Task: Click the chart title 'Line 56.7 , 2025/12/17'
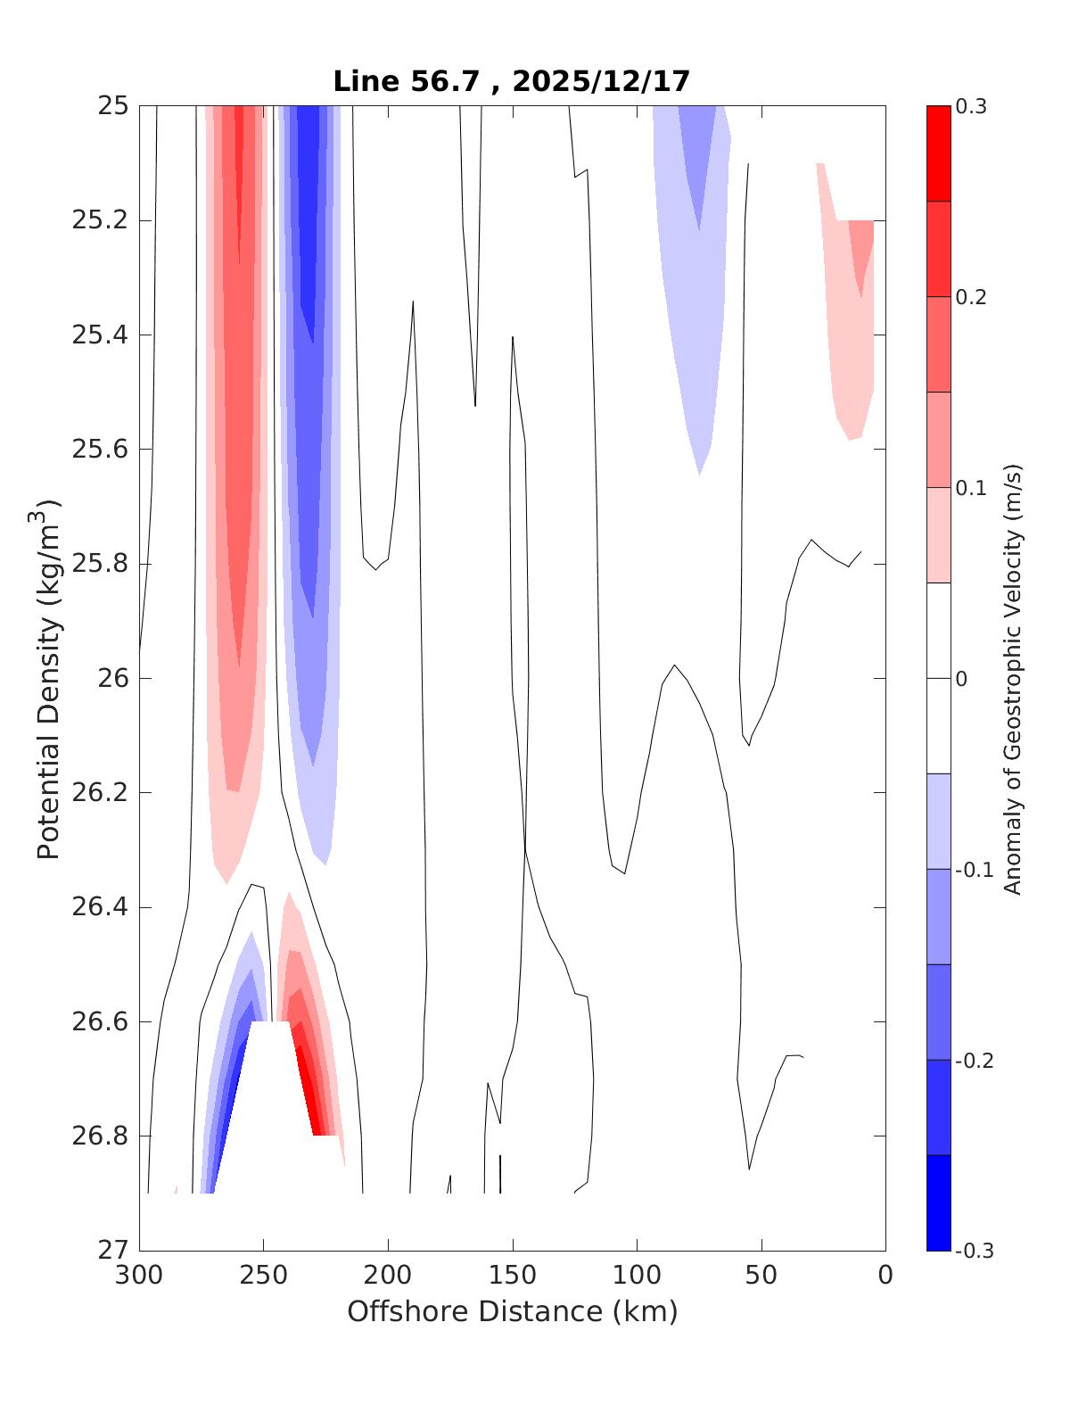click(x=512, y=81)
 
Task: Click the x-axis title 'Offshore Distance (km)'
click(x=512, y=1311)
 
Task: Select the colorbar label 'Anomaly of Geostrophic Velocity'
click(x=1012, y=678)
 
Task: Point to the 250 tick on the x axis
click(x=264, y=1275)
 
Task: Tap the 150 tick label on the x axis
click(x=513, y=1275)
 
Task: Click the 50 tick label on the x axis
click(x=761, y=1275)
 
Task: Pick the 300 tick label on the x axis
click(x=140, y=1275)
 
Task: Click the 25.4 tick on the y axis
click(x=99, y=335)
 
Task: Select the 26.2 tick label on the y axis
click(x=99, y=793)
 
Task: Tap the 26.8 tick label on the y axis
click(x=99, y=1136)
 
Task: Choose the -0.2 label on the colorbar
click(x=973, y=1061)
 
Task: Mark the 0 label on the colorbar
click(x=960, y=679)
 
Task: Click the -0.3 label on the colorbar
click(x=973, y=1251)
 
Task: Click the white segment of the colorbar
click(x=938, y=678)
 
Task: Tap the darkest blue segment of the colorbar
click(x=938, y=1203)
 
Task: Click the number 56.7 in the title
click(x=437, y=81)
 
